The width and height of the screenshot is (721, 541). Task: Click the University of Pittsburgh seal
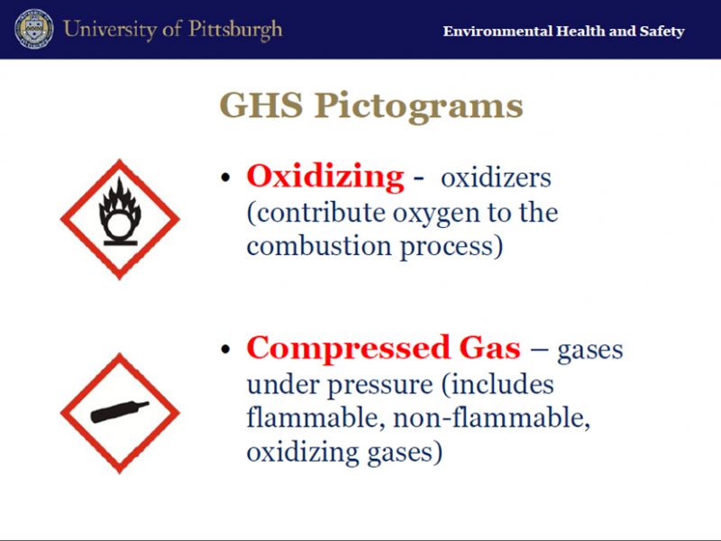(x=33, y=29)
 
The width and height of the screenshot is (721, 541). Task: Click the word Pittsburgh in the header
(x=235, y=30)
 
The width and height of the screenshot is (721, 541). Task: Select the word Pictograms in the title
(x=418, y=106)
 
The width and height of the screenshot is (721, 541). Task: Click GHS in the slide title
(x=261, y=105)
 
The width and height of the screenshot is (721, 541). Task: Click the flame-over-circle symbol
(x=120, y=211)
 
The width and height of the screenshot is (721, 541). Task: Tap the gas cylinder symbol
(x=120, y=412)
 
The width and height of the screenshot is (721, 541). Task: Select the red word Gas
(x=489, y=348)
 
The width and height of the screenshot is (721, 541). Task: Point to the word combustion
(x=319, y=246)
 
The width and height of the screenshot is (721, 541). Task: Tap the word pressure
(x=380, y=386)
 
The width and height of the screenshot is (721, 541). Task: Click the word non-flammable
(x=491, y=417)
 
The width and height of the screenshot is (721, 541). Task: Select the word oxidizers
(x=496, y=178)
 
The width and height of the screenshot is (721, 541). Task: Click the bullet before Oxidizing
(x=225, y=178)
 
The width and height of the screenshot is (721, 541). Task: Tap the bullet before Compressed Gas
(x=225, y=349)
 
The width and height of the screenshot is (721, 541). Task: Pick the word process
(x=452, y=247)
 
